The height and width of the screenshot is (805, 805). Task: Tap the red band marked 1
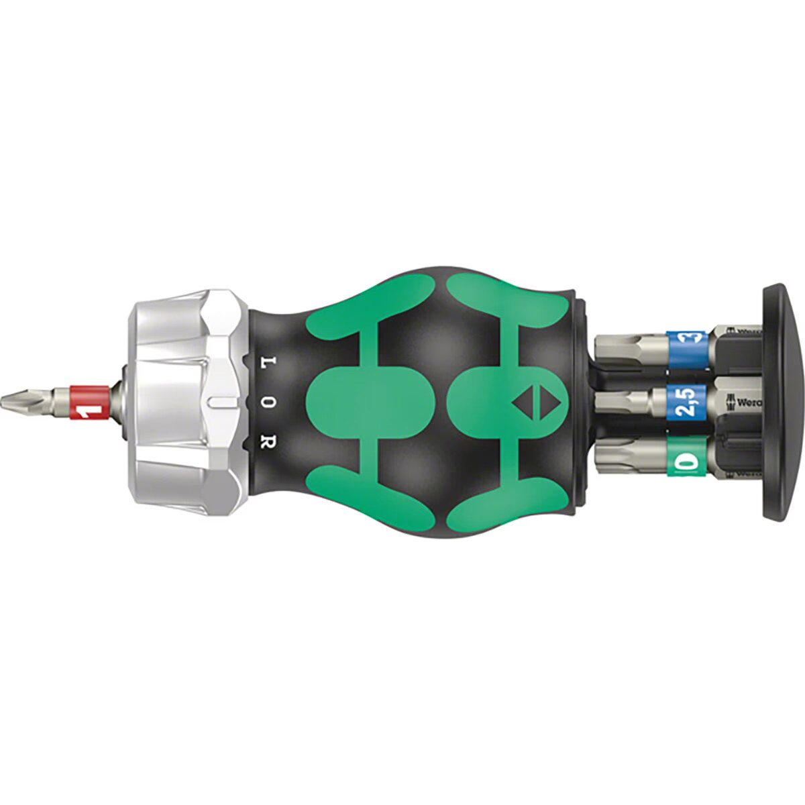[x=88, y=402]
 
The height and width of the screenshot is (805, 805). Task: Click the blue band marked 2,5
[x=687, y=402]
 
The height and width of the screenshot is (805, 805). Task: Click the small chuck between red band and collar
[x=121, y=402]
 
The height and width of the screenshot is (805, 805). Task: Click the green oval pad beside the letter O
[x=366, y=402]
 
